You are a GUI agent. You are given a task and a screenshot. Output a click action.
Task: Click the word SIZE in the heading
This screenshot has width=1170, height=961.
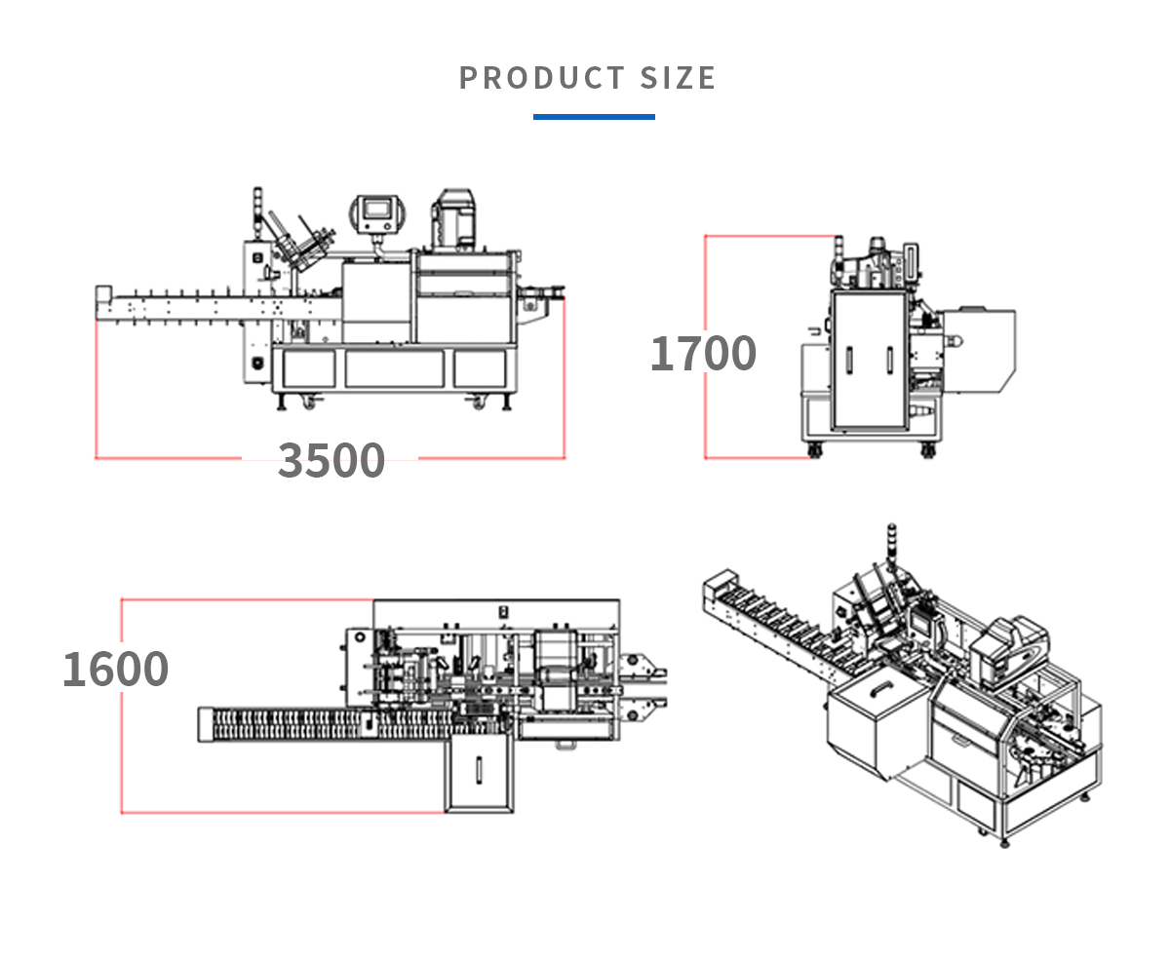pyautogui.click(x=678, y=78)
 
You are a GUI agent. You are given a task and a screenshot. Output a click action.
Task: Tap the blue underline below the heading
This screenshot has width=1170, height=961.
pyautogui.click(x=594, y=117)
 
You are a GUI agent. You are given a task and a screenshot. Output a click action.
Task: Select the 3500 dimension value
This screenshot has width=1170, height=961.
pyautogui.click(x=331, y=460)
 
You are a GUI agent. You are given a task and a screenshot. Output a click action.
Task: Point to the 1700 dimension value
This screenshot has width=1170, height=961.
pyautogui.click(x=703, y=353)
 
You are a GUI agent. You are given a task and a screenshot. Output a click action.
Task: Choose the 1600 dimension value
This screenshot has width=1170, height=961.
pyautogui.click(x=115, y=669)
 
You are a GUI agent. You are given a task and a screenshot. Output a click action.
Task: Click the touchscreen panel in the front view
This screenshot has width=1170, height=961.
pyautogui.click(x=375, y=211)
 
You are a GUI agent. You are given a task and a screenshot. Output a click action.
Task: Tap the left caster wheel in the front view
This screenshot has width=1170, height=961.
pyautogui.click(x=314, y=400)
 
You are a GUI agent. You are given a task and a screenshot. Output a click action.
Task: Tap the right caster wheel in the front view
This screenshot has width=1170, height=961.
pyautogui.click(x=479, y=400)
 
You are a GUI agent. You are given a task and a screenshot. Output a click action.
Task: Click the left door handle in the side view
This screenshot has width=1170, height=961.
pyautogui.click(x=848, y=360)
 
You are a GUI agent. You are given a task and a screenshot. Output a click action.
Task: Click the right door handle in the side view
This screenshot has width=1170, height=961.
pyautogui.click(x=889, y=360)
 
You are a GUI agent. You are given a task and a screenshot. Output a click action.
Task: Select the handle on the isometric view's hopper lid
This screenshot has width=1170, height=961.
pyautogui.click(x=882, y=688)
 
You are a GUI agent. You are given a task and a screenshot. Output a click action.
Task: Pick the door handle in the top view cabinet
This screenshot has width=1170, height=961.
pyautogui.click(x=479, y=769)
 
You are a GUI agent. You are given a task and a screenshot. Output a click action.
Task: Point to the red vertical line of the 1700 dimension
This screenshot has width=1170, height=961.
pyautogui.click(x=705, y=346)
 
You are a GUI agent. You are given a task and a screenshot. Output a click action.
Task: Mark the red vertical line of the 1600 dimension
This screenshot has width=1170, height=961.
pyautogui.click(x=121, y=706)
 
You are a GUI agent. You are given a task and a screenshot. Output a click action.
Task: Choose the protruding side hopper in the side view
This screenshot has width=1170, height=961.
pyautogui.click(x=980, y=351)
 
